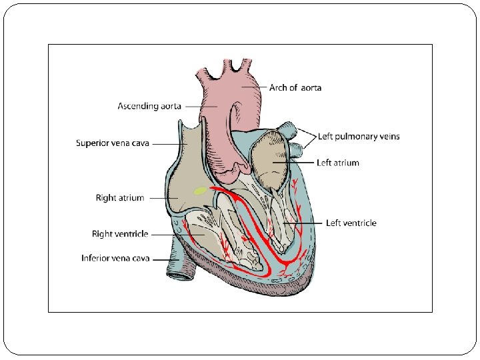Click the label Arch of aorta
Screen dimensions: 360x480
click(295, 87)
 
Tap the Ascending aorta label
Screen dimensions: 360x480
click(148, 106)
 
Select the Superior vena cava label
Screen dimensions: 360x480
click(113, 143)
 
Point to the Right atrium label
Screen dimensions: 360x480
click(120, 198)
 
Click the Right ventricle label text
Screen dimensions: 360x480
click(120, 234)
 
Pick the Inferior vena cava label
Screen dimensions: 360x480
click(115, 258)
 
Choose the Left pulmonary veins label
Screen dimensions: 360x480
click(359, 137)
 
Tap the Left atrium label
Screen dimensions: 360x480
click(337, 163)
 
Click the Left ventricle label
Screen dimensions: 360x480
click(351, 223)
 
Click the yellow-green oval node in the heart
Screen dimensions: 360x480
click(200, 191)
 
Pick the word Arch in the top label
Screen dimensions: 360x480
click(279, 87)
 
